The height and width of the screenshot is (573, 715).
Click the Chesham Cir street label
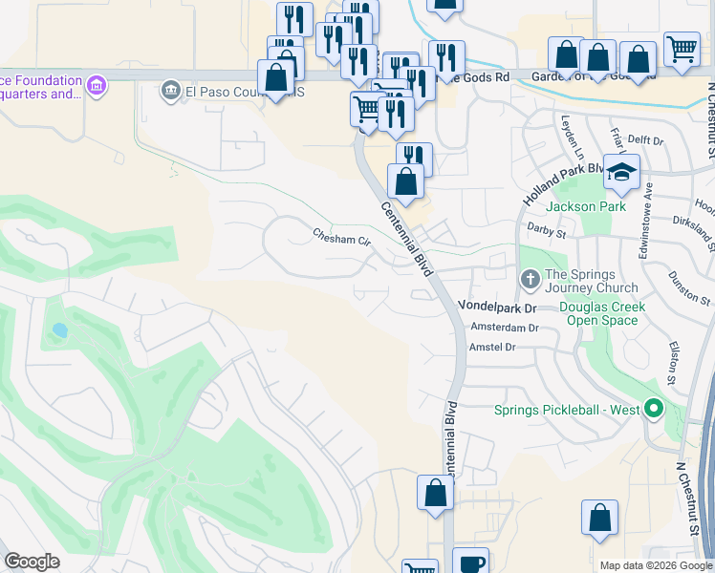pos(342,236)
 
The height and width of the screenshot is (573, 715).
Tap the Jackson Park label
pos(585,206)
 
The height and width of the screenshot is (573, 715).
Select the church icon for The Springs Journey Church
pos(531,280)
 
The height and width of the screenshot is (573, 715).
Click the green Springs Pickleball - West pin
pos(654,410)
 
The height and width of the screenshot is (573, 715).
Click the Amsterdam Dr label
pos(506,328)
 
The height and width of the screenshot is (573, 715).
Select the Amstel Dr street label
pos(492,348)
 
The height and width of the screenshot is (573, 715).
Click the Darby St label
pos(547,230)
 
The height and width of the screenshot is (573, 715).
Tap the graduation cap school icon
pos(621,172)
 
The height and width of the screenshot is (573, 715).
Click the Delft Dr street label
pos(645,140)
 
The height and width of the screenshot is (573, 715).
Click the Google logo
pos(32,562)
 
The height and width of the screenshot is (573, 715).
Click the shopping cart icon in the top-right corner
pos(682,48)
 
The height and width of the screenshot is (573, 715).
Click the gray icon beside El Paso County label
pos(171,91)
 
